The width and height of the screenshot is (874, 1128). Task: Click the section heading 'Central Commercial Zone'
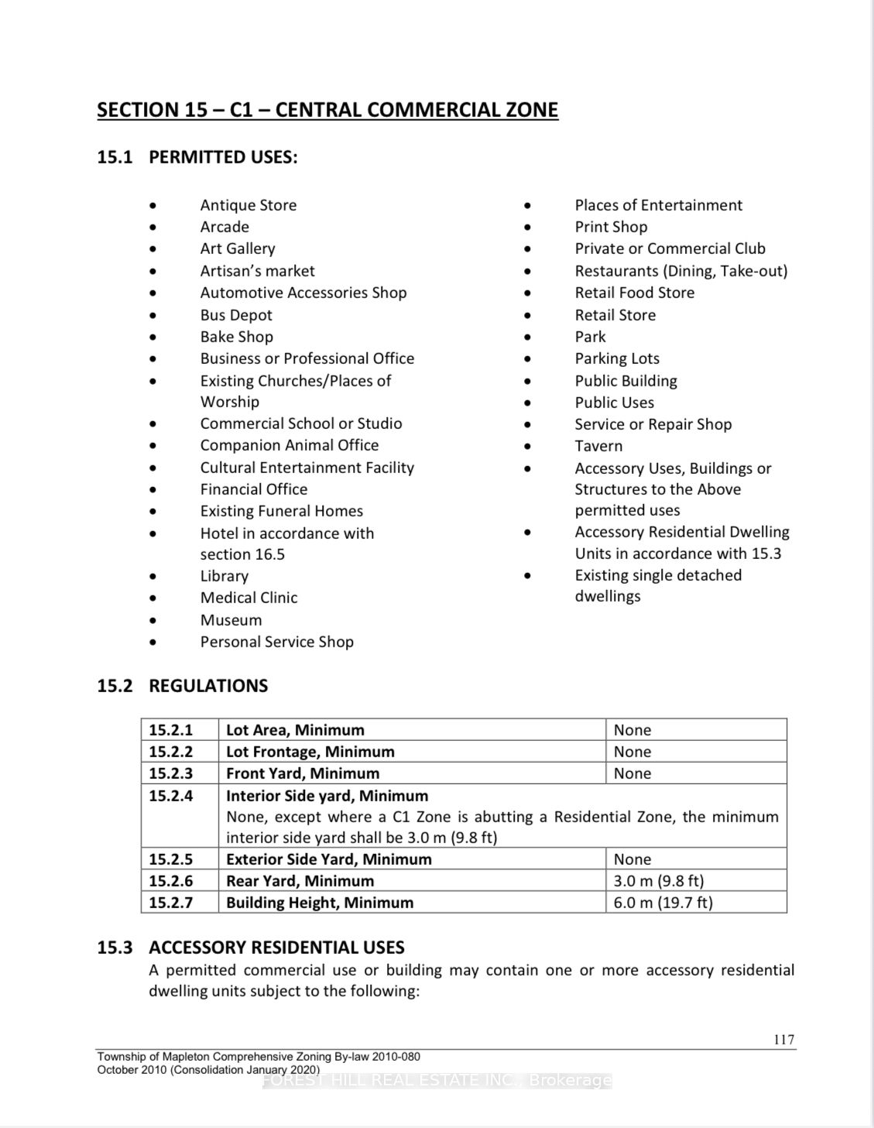(327, 110)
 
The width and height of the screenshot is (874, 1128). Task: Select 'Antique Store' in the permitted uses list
(248, 205)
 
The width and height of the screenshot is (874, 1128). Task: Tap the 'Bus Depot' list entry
(236, 315)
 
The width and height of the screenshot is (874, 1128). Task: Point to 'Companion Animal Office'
(290, 445)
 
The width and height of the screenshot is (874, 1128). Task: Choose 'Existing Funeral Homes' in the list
(282, 511)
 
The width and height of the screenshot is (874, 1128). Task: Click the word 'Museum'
(231, 620)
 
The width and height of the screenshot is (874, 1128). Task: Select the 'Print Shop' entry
(611, 227)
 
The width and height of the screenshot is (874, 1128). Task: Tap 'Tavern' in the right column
(598, 446)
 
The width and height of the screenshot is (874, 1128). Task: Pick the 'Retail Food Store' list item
(634, 293)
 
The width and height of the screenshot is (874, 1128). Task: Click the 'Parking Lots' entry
(617, 358)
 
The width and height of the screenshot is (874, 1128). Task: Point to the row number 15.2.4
(171, 796)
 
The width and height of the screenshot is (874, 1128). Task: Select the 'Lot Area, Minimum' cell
(295, 730)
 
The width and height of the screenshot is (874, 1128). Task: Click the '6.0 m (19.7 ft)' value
(663, 903)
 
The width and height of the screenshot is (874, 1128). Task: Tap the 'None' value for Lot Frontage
(632, 752)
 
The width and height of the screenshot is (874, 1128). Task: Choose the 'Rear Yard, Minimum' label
(300, 881)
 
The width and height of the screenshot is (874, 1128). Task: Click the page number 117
(784, 1040)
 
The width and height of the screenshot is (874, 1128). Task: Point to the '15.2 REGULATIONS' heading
(183, 686)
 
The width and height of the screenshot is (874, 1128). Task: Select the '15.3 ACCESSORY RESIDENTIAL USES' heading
(251, 948)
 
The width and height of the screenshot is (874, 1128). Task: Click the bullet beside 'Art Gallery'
(153, 249)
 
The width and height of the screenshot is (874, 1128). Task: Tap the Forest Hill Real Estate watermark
(437, 1081)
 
